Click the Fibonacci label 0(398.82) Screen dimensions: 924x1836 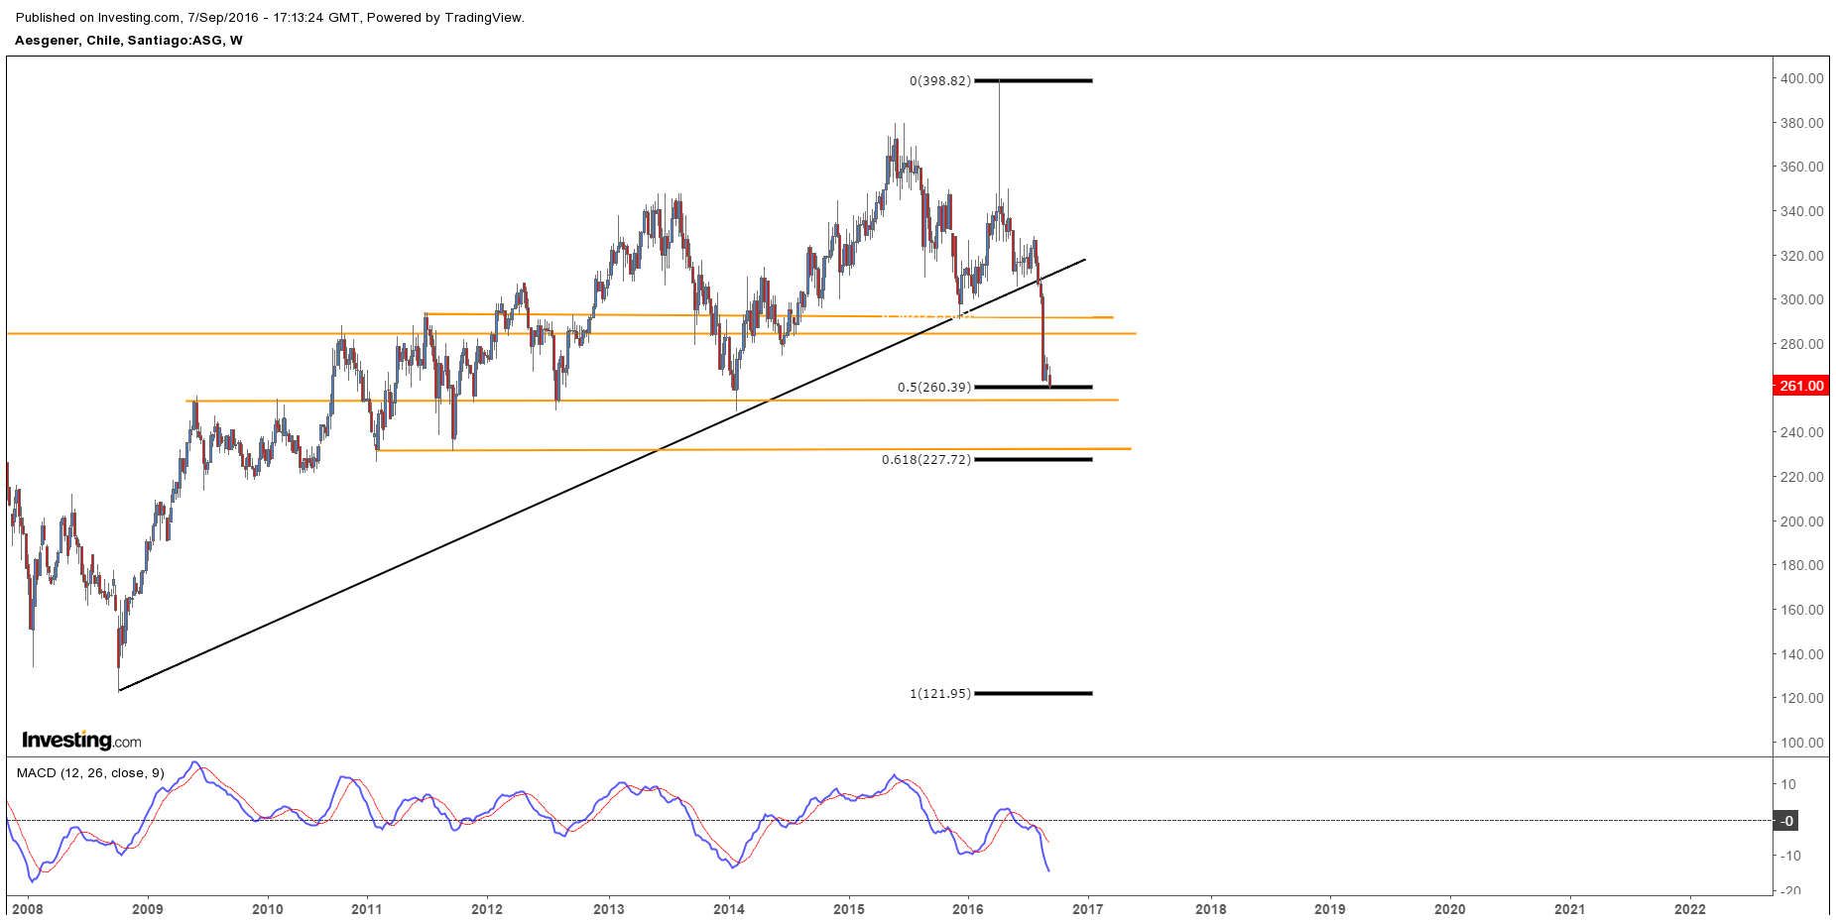click(x=939, y=81)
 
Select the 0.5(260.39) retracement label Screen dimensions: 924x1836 click(x=933, y=388)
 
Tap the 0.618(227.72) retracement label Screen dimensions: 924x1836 click(x=925, y=460)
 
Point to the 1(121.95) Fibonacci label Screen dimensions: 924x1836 click(x=939, y=694)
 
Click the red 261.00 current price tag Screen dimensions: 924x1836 click(x=1800, y=386)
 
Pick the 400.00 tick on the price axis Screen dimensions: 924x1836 click(x=1801, y=78)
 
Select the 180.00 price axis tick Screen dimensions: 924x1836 click(x=1801, y=565)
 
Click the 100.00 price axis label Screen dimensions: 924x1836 click(x=1801, y=743)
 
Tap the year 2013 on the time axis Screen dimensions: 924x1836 click(x=608, y=909)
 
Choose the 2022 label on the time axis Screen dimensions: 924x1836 click(x=1689, y=909)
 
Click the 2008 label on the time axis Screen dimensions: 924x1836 click(x=27, y=909)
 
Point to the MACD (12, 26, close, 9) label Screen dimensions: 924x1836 click(x=90, y=773)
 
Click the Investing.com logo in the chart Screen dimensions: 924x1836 click(x=81, y=741)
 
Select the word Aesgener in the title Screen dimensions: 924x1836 click(x=47, y=41)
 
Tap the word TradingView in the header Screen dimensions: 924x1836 click(x=485, y=18)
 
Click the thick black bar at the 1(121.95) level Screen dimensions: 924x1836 click(x=1033, y=694)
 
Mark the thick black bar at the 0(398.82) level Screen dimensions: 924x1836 click(x=1033, y=80)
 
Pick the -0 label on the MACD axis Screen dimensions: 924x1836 click(x=1786, y=821)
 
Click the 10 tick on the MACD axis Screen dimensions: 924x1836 click(x=1788, y=784)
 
